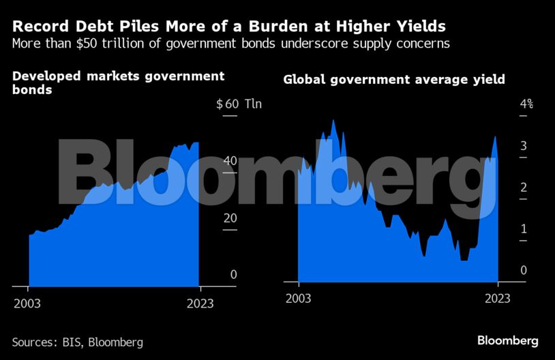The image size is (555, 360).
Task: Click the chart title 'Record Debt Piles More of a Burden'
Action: [x=229, y=27]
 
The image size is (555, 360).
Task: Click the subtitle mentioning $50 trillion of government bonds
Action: [x=230, y=44]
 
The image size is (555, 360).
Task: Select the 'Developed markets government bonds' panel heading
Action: [x=118, y=82]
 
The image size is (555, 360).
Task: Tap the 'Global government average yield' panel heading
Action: [x=394, y=80]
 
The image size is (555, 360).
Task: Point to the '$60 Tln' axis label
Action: [x=239, y=104]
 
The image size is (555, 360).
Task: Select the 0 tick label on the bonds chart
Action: [x=234, y=274]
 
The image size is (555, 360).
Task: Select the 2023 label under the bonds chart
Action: [x=199, y=303]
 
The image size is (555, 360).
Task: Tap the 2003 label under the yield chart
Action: [x=299, y=299]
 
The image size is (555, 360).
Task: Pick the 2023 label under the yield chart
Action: [x=498, y=299]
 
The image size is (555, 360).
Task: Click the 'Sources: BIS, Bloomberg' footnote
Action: [x=77, y=342]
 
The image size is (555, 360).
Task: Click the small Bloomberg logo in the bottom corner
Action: [x=508, y=340]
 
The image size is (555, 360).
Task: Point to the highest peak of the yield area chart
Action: [x=333, y=121]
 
